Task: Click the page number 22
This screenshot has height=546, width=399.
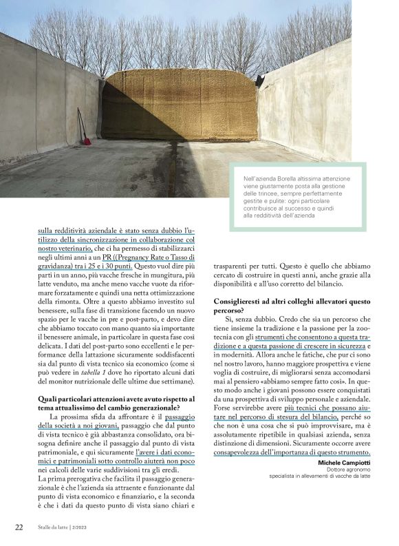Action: tap(19, 527)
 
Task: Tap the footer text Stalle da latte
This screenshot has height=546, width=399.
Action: tap(54, 528)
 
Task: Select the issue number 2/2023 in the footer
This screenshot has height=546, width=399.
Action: tap(85, 528)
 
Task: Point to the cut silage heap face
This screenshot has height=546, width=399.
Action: tap(179, 103)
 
